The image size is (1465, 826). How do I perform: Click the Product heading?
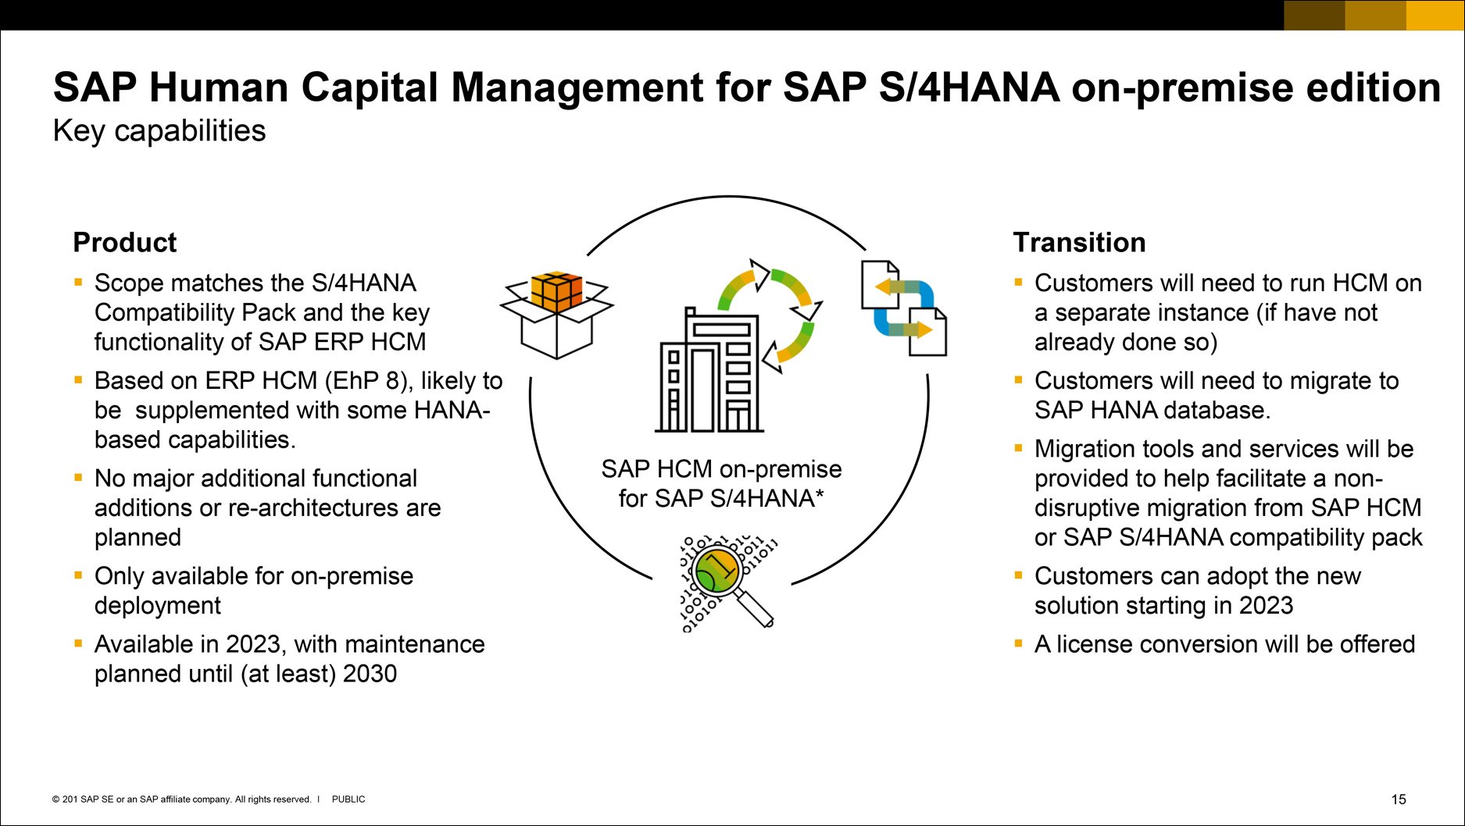click(x=124, y=243)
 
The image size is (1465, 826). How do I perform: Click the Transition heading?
click(x=1079, y=243)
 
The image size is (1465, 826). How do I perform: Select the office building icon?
click(x=709, y=371)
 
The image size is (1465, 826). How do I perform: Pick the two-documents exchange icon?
click(x=904, y=308)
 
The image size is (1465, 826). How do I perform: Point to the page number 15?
click(x=1399, y=799)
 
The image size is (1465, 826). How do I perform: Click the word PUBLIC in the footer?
click(x=348, y=799)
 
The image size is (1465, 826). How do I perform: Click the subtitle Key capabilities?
click(x=159, y=131)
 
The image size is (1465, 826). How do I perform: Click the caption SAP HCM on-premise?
click(x=721, y=469)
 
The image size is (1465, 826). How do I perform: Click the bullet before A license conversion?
click(x=1018, y=643)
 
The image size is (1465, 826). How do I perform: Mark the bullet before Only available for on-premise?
click(x=78, y=575)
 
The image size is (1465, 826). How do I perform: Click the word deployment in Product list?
click(x=158, y=606)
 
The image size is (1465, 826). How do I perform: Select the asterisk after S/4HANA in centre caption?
click(x=819, y=495)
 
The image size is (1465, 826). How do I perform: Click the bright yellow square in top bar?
click(x=1435, y=15)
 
